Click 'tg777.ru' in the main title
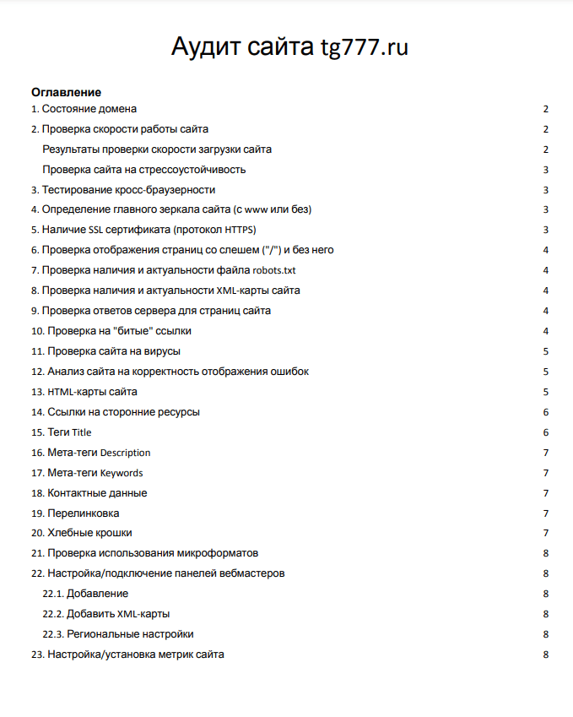click(364, 46)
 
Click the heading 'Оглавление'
click(66, 92)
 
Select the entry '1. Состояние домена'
click(84, 109)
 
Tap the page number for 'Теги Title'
click(546, 432)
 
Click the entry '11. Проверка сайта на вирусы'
click(105, 351)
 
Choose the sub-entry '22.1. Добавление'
click(85, 595)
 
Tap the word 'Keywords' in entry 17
click(122, 473)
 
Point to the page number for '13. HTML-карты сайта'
click(546, 392)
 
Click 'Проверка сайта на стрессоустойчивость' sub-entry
click(143, 170)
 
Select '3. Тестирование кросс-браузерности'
click(123, 190)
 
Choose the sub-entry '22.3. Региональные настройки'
click(118, 635)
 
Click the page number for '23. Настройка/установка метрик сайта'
click(546, 655)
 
